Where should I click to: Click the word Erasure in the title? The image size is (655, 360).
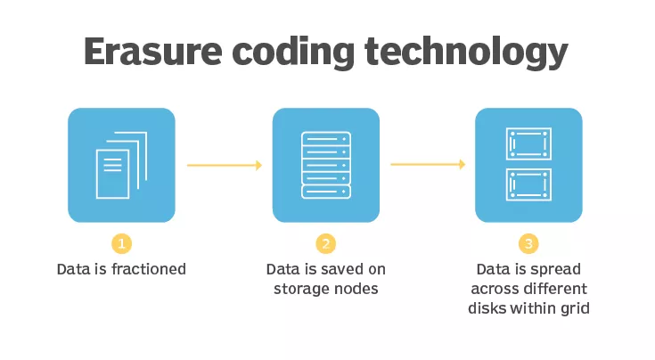pos(153,51)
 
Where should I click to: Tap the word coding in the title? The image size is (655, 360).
pos(293,53)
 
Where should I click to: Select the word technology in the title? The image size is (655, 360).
pos(466,53)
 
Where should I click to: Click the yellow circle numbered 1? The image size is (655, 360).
pos(121,243)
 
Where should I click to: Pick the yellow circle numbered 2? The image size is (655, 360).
pos(326,243)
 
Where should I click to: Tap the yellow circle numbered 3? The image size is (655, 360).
pos(528,243)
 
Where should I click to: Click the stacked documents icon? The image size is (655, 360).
pos(121,165)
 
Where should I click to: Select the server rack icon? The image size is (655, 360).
pos(326,165)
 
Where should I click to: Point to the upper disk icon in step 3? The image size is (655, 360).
pos(528,143)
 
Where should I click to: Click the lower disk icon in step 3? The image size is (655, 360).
pos(528,184)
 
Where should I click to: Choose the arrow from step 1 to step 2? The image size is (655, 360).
pos(225,166)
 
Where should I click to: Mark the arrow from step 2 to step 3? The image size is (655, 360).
pos(428,165)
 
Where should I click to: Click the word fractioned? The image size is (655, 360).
pos(148,269)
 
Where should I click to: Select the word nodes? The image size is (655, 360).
pos(358,289)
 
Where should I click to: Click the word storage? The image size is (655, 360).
pos(304,290)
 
